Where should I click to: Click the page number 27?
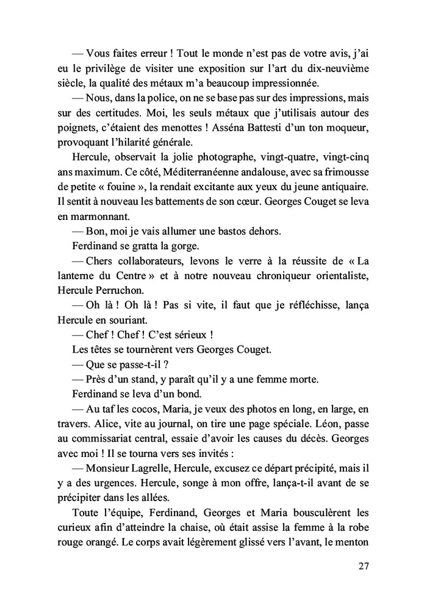(x=364, y=566)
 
